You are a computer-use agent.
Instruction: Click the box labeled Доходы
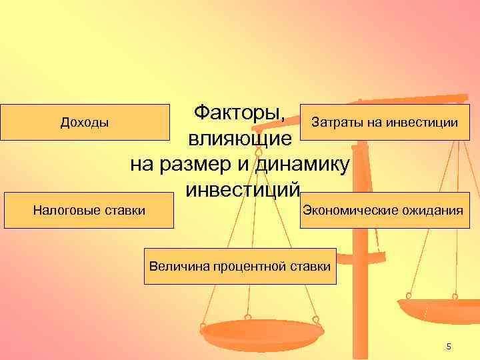pos(85,122)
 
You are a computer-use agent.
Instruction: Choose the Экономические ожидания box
pos(383,211)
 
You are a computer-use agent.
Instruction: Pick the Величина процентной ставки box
pos(240,267)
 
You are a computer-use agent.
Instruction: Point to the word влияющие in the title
pos(239,139)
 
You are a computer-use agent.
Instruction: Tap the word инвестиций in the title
pos(239,190)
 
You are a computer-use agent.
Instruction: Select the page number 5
pos(449,346)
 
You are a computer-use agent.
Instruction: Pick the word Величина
pos(180,267)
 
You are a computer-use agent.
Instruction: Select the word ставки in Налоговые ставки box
pos(125,211)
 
